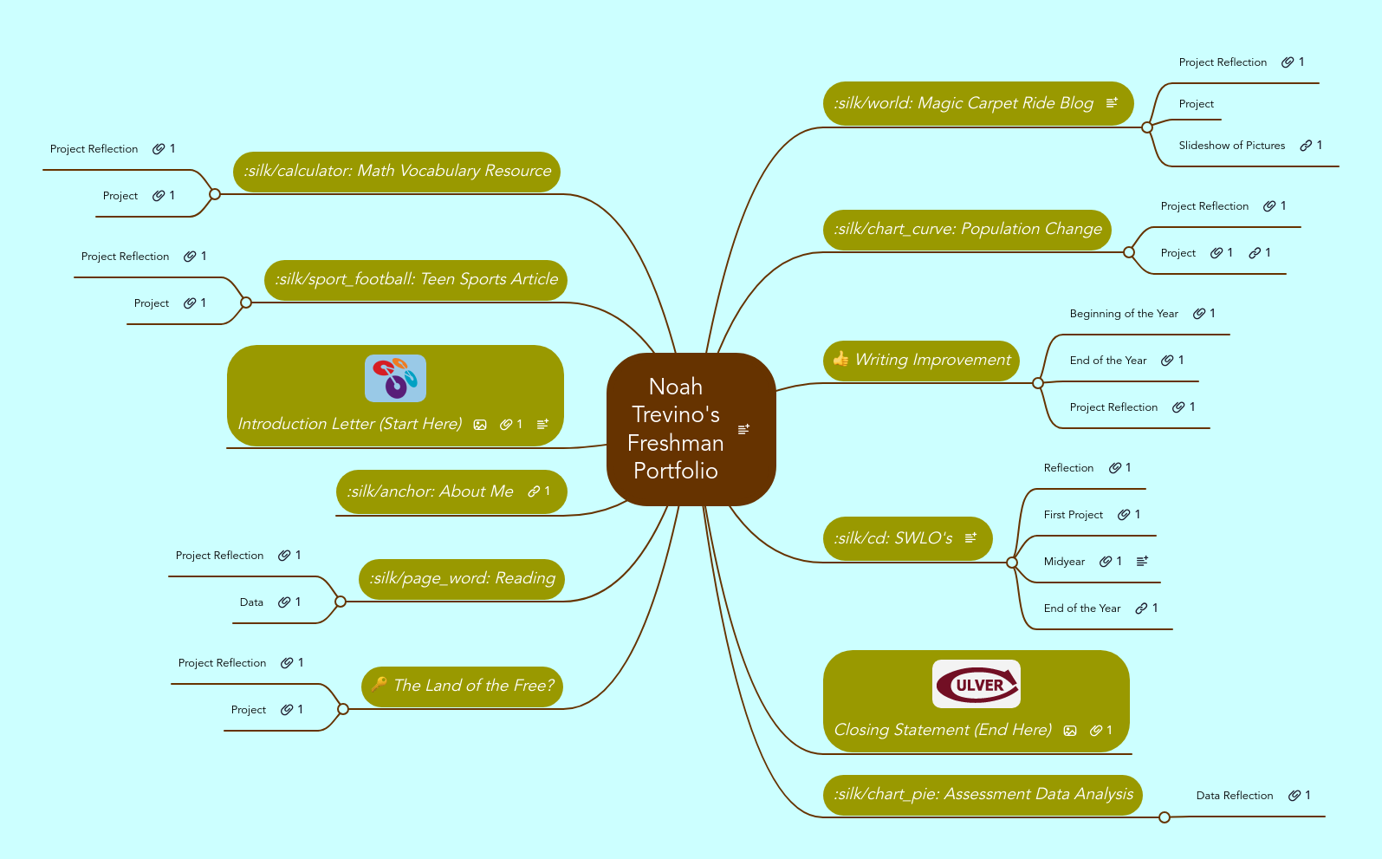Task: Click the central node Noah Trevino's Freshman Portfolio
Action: (x=676, y=428)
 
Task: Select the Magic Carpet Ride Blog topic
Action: (x=964, y=103)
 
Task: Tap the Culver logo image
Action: (x=976, y=684)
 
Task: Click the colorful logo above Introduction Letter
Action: (x=395, y=378)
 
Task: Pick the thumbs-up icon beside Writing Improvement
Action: (x=840, y=359)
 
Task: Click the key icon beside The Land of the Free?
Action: (x=379, y=684)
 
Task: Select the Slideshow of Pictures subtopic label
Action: (x=1231, y=146)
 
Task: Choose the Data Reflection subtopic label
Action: (x=1234, y=796)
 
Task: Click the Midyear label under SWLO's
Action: (x=1064, y=562)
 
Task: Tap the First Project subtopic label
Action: (x=1073, y=515)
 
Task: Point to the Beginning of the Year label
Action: (x=1123, y=314)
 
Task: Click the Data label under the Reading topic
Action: (x=251, y=602)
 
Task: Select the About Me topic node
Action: (x=430, y=491)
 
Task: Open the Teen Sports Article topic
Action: (x=416, y=279)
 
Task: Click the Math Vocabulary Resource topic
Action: (x=397, y=171)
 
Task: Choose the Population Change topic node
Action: (x=967, y=229)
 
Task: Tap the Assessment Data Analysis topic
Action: (x=983, y=794)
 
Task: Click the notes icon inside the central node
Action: (x=743, y=429)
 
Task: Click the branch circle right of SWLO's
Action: (x=1012, y=563)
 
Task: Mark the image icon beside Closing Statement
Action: (x=1070, y=731)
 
